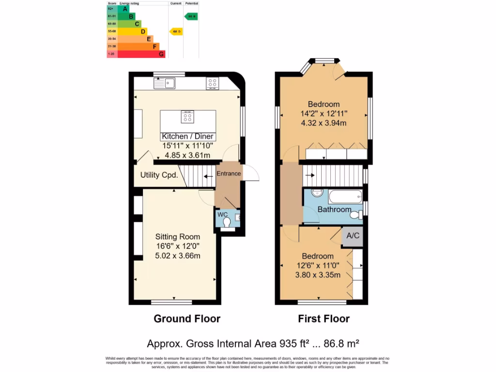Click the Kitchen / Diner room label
188,137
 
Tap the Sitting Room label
177,237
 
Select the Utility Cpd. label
159,175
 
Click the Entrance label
229,173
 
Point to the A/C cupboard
353,236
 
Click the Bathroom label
334,209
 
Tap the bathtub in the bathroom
345,197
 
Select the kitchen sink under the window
165,83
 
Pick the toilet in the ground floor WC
227,222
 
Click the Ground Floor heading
187,319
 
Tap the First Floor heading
324,319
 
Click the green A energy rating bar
124,9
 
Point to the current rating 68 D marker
176,31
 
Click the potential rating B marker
191,16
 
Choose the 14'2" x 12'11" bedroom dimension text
324,114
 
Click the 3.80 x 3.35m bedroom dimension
318,275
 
